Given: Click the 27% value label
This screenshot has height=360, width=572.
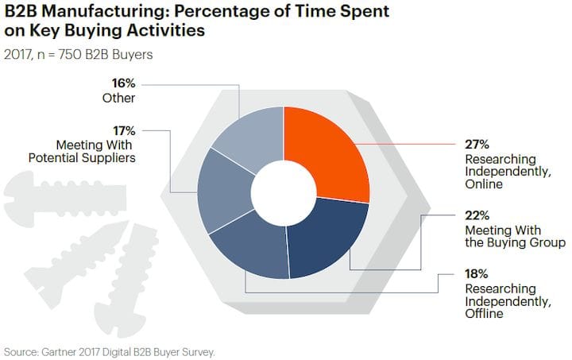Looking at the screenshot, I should [477, 145].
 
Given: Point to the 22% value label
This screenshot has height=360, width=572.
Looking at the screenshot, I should [477, 215].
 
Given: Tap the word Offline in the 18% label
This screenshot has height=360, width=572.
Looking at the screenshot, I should [484, 314].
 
